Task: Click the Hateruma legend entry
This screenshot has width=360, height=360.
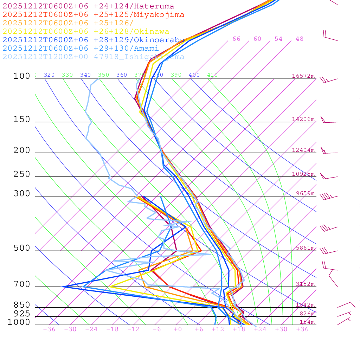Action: (88, 6)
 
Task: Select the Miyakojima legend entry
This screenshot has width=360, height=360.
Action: (94, 15)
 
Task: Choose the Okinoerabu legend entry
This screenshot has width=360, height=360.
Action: (94, 40)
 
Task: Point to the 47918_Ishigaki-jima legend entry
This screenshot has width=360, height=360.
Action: (94, 57)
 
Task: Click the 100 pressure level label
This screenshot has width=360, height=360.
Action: (22, 76)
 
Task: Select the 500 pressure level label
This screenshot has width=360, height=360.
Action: (22, 248)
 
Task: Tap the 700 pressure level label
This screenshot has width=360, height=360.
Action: (22, 284)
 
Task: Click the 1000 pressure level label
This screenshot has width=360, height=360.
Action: (19, 322)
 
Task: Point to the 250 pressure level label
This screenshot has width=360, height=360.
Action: (22, 174)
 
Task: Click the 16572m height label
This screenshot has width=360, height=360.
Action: (303, 76)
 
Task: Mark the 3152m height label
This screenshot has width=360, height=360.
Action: (305, 284)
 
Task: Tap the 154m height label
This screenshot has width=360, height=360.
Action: (307, 322)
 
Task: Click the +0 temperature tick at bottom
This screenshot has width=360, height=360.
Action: (178, 329)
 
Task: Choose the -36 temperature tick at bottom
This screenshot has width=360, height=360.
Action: (49, 329)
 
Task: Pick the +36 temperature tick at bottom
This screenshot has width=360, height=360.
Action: (302, 329)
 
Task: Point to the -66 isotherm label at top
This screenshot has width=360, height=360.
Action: (234, 39)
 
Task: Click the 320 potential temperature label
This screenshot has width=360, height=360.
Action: (49, 75)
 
